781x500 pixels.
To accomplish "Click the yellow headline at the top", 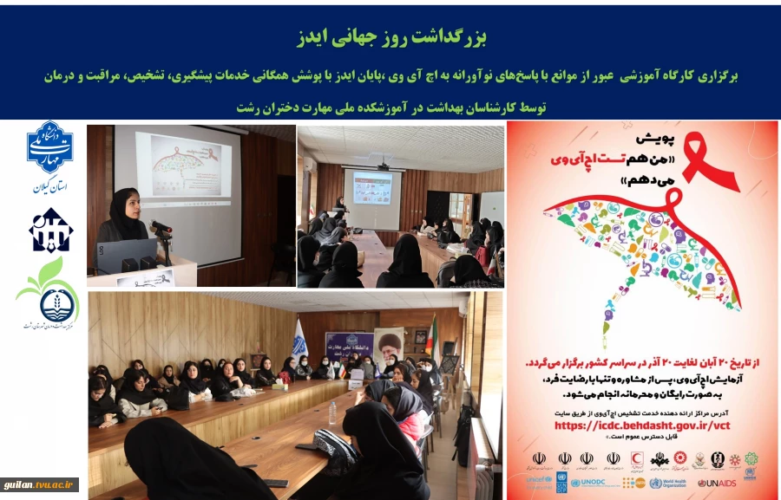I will [x=390, y=37].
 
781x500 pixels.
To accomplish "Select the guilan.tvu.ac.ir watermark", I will [x=40, y=485].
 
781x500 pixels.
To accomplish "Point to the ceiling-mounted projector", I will [x=383, y=165].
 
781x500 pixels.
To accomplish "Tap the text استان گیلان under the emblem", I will [x=49, y=186].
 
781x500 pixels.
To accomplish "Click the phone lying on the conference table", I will [x=275, y=483].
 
